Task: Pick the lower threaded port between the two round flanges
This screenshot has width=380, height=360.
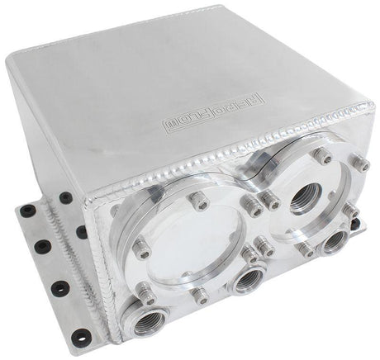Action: tap(247, 281)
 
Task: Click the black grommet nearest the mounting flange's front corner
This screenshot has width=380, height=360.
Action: tap(80, 335)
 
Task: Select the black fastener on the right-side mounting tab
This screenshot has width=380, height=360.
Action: tap(355, 223)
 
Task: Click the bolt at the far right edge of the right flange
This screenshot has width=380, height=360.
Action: tap(362, 164)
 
